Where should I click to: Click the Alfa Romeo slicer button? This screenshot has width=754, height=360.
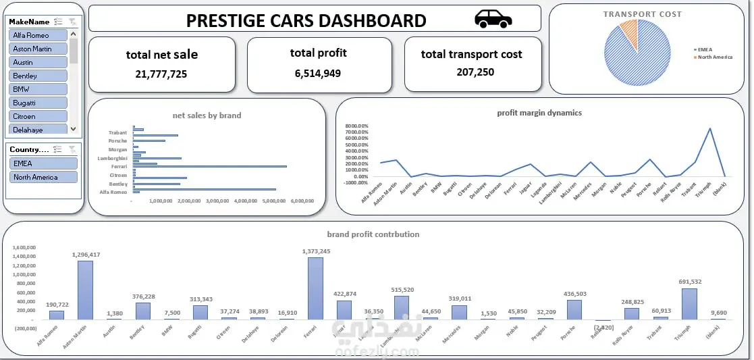click(38, 35)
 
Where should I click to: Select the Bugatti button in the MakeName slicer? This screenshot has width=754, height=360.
click(38, 103)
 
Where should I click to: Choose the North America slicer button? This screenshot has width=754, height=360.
click(44, 177)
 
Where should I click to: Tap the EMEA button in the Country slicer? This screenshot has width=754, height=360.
click(44, 163)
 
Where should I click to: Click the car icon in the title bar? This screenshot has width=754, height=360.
click(493, 19)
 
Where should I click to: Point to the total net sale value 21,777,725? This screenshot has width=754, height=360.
click(161, 74)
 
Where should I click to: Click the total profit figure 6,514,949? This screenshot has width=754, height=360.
click(318, 73)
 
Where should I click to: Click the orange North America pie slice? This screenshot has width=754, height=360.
click(629, 30)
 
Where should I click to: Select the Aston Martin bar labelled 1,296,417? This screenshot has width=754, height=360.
click(85, 290)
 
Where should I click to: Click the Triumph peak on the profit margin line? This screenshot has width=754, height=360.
click(709, 128)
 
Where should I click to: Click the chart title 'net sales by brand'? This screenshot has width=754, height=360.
click(207, 115)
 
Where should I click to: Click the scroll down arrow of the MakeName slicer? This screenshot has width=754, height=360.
click(74, 129)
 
